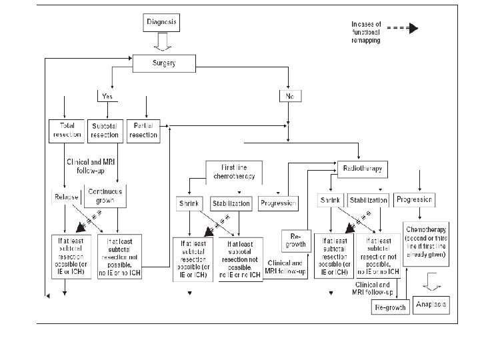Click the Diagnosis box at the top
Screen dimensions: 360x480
(161, 23)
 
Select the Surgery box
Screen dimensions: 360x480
(164, 63)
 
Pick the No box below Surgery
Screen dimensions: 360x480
(290, 97)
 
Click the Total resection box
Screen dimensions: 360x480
(65, 130)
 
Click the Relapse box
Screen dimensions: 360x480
(66, 198)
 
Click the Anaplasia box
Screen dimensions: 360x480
(431, 305)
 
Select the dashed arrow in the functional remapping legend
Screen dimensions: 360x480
(403, 28)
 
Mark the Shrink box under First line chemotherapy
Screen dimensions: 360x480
(190, 203)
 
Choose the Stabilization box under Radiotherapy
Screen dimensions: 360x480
(368, 200)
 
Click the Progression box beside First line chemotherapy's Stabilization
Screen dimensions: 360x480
(278, 203)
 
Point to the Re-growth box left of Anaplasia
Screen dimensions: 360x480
(389, 307)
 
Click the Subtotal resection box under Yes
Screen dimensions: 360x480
(105, 130)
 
